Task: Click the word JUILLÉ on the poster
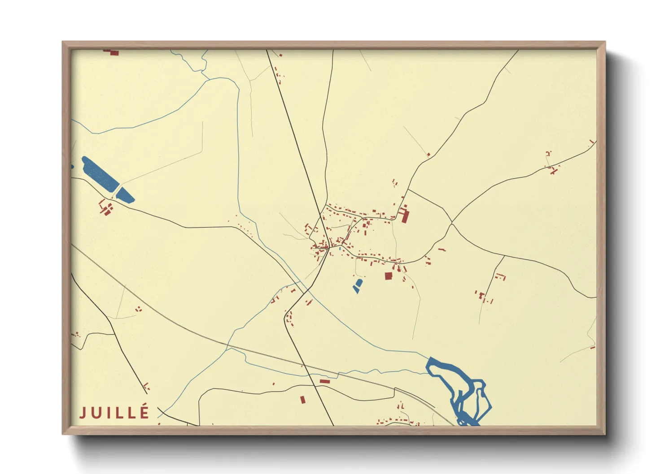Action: click(x=114, y=413)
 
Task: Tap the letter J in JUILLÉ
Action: click(x=83, y=413)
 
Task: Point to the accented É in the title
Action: click(x=145, y=411)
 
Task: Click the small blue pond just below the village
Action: click(x=358, y=285)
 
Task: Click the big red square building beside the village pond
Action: click(x=388, y=276)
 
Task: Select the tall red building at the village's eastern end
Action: click(x=405, y=215)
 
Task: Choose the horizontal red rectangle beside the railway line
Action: click(x=324, y=381)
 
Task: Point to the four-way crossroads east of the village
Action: click(x=452, y=223)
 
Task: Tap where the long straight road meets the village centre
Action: click(x=329, y=246)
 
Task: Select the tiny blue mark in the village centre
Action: click(x=340, y=248)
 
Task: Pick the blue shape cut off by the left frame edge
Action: click(x=72, y=167)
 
